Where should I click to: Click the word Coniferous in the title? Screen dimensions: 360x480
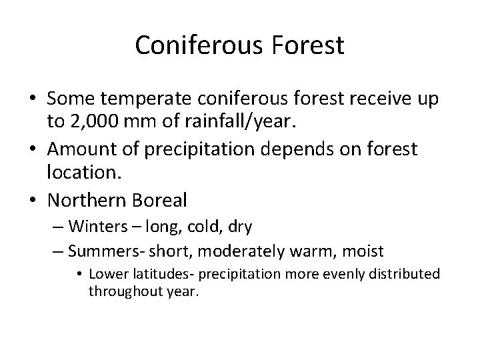(190, 45)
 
